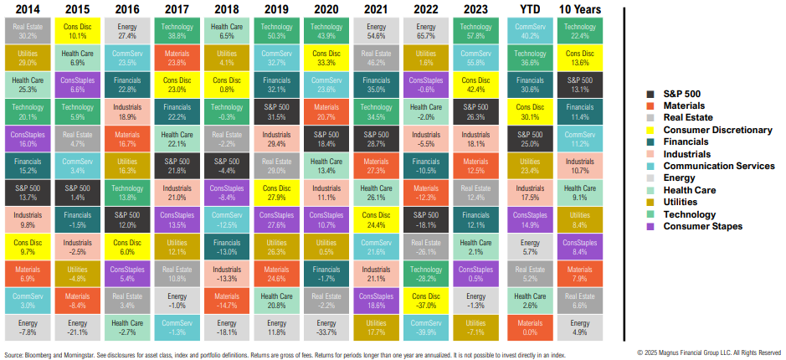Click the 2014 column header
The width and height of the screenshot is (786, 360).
27,9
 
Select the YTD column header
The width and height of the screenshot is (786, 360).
532,9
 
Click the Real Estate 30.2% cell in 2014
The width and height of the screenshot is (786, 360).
28,32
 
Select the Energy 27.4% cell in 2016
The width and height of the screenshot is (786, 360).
128,32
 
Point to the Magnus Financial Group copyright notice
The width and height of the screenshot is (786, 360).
709,353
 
